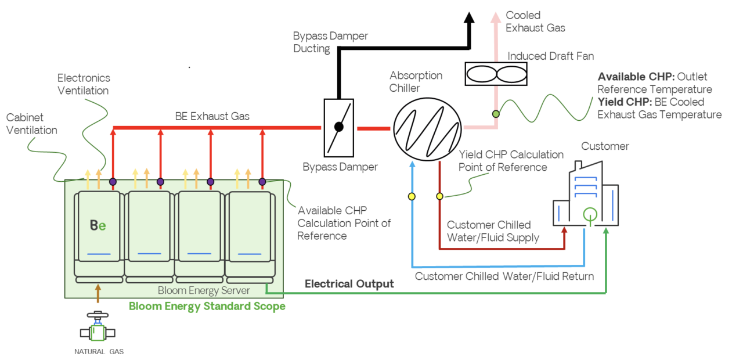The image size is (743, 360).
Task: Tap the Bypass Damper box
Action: [x=338, y=127]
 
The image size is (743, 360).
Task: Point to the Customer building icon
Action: [x=585, y=195]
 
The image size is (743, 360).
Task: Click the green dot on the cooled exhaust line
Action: [x=496, y=114]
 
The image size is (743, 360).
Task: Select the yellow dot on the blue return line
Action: [x=412, y=196]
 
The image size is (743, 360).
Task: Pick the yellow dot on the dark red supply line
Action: [x=439, y=196]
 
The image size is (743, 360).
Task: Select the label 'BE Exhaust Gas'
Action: [x=212, y=116]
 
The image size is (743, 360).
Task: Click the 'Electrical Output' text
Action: [x=349, y=284]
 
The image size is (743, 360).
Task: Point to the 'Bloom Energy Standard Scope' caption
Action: [x=207, y=306]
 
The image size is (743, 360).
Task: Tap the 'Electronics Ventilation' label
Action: [x=84, y=84]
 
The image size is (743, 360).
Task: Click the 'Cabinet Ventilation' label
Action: [x=32, y=124]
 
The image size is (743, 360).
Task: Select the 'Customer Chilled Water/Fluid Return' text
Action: [x=504, y=276]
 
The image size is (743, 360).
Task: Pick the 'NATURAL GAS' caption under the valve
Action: [x=99, y=352]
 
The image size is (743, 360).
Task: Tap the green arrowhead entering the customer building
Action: [x=606, y=231]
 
